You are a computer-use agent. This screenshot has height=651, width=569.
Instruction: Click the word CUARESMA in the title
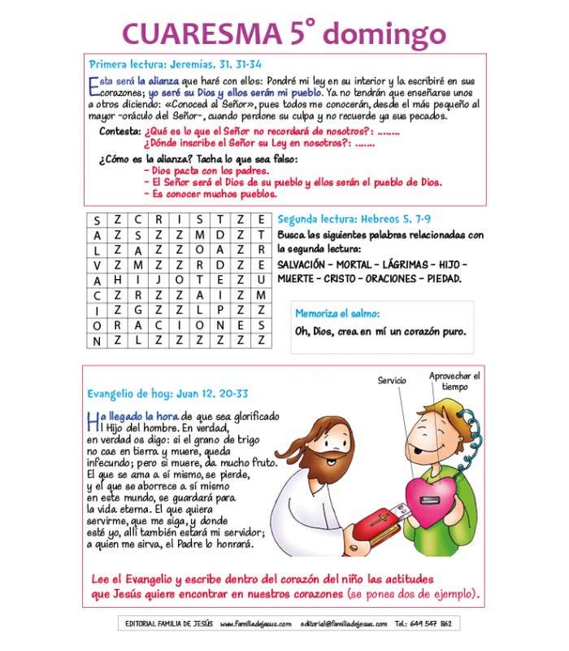coord(202,33)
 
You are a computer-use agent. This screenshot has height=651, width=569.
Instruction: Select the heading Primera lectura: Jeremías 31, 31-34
coord(175,63)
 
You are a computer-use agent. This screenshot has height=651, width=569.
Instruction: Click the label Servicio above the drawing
coord(391,380)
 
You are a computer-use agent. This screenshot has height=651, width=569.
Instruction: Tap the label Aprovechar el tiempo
coord(455,381)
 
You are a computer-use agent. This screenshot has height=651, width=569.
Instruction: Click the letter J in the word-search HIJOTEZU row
coord(159,279)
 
